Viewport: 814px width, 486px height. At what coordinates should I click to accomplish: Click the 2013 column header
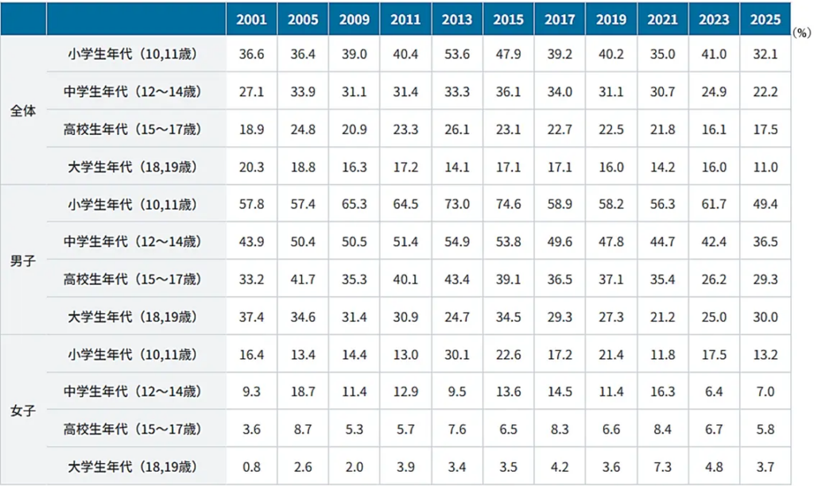tap(457, 20)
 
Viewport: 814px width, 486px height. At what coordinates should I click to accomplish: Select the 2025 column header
tap(766, 20)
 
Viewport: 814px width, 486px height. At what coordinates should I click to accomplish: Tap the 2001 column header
tap(251, 20)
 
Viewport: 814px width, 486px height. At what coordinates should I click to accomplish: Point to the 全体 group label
tap(23, 110)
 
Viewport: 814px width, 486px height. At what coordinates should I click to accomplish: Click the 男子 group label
tap(23, 260)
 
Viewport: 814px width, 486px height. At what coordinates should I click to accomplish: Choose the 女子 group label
tap(23, 411)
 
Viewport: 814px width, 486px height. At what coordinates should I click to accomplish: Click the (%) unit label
tap(801, 33)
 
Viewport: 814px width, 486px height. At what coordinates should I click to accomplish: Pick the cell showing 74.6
tap(508, 204)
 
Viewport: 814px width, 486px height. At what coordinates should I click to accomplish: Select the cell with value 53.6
tap(457, 54)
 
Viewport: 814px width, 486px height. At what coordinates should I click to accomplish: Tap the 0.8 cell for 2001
tap(251, 467)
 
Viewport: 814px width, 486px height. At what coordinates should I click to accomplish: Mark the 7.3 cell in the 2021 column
tap(662, 467)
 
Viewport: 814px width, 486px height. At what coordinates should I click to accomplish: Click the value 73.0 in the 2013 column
tap(457, 204)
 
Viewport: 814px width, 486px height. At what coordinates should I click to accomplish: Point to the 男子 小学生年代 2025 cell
tap(766, 204)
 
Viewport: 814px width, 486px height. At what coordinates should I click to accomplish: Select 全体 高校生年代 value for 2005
tap(303, 129)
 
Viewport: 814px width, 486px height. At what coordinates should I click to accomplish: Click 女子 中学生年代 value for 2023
tap(714, 391)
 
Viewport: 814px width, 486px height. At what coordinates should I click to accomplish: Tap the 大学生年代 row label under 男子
tap(133, 316)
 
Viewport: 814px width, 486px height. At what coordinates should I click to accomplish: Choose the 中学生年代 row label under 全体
tap(133, 91)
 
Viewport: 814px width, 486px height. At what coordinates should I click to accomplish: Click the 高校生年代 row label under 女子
tap(133, 429)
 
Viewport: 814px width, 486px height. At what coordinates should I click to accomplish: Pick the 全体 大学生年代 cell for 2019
tap(611, 167)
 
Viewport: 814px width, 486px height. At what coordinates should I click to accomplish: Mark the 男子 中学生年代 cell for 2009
tap(354, 241)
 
